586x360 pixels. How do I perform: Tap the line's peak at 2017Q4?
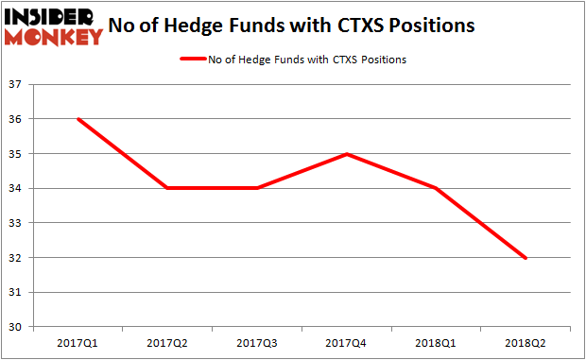pyautogui.click(x=347, y=154)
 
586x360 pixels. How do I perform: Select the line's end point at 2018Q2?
pyautogui.click(x=526, y=258)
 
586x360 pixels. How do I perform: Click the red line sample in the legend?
pyautogui.click(x=200, y=60)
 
